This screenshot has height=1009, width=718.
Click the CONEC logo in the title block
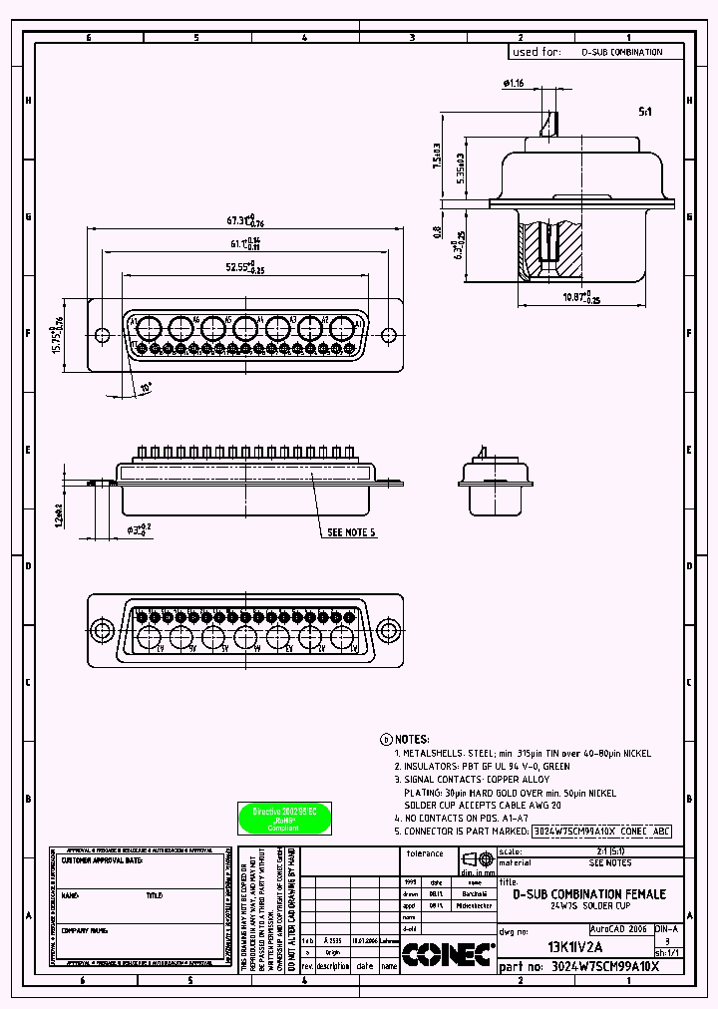[448, 955]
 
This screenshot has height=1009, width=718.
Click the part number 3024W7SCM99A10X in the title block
[606, 967]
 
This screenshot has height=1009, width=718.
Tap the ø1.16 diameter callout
[515, 84]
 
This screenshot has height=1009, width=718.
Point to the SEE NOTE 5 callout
[351, 533]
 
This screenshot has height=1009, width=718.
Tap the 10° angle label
[147, 387]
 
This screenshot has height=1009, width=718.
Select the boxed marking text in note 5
[602, 830]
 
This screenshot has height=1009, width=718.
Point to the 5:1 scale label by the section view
[645, 114]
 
